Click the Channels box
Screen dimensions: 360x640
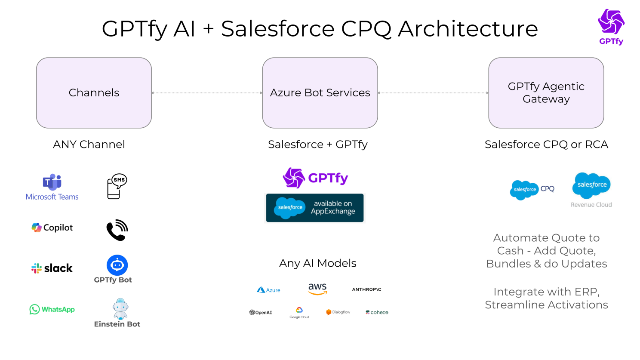(x=94, y=93)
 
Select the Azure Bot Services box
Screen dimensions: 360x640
(x=320, y=93)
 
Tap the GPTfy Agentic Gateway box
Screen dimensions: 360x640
(x=546, y=93)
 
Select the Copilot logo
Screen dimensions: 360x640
(x=52, y=228)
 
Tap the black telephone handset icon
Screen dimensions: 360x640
(x=117, y=230)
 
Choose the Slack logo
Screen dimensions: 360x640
(x=52, y=268)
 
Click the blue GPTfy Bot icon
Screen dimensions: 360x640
(x=117, y=265)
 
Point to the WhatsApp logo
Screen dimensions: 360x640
(x=52, y=309)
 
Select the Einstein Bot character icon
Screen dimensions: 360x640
(x=120, y=308)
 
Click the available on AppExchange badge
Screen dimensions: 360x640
(x=315, y=208)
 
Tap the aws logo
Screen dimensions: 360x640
(x=317, y=289)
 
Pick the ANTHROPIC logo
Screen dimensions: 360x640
(x=366, y=289)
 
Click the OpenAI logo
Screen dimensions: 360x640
(x=261, y=312)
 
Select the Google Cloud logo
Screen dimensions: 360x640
(x=299, y=312)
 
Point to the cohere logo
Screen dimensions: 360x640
(x=377, y=312)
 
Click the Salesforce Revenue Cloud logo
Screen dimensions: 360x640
(x=591, y=190)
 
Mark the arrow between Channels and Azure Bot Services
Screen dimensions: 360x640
(x=207, y=93)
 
